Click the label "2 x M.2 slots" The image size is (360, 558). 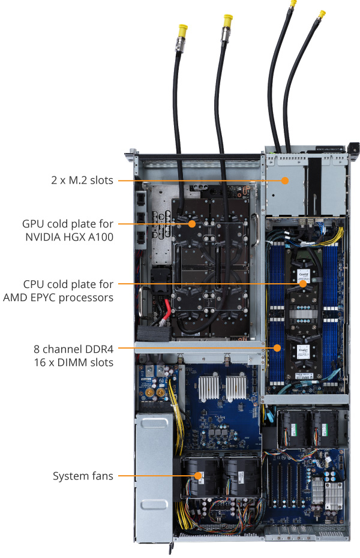(x=82, y=179)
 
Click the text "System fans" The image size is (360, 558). (x=83, y=476)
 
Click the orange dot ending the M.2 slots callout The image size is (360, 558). (x=286, y=179)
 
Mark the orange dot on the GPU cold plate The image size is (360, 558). (x=192, y=224)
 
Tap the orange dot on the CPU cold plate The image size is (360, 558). (x=302, y=284)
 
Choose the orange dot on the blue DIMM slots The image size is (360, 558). (x=277, y=347)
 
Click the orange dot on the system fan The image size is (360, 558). (x=199, y=476)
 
